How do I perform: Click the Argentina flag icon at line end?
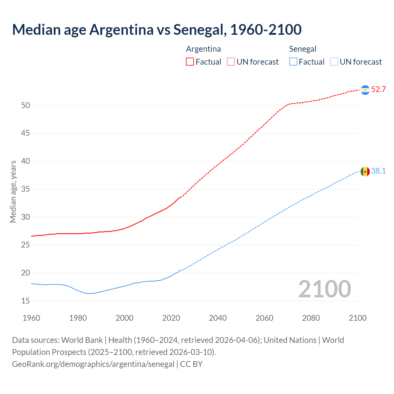365,90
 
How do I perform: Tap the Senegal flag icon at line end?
365,171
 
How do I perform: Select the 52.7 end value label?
378,90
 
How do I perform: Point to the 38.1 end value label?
378,171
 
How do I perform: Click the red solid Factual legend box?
190,62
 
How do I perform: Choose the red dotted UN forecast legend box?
231,62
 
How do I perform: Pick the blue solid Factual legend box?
293,62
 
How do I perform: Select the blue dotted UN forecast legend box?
334,62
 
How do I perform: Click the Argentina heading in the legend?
203,49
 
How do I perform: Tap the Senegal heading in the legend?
303,49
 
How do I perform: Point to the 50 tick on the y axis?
26,105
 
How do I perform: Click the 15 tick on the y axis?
26,301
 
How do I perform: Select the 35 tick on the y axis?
26,189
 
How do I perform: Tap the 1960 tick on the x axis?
31,318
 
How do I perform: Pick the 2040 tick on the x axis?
218,318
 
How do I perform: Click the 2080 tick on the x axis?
311,318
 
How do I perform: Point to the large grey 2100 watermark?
324,289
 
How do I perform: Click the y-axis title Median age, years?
13,191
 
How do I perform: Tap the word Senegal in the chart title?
199,30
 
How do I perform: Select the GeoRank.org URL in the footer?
93,364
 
